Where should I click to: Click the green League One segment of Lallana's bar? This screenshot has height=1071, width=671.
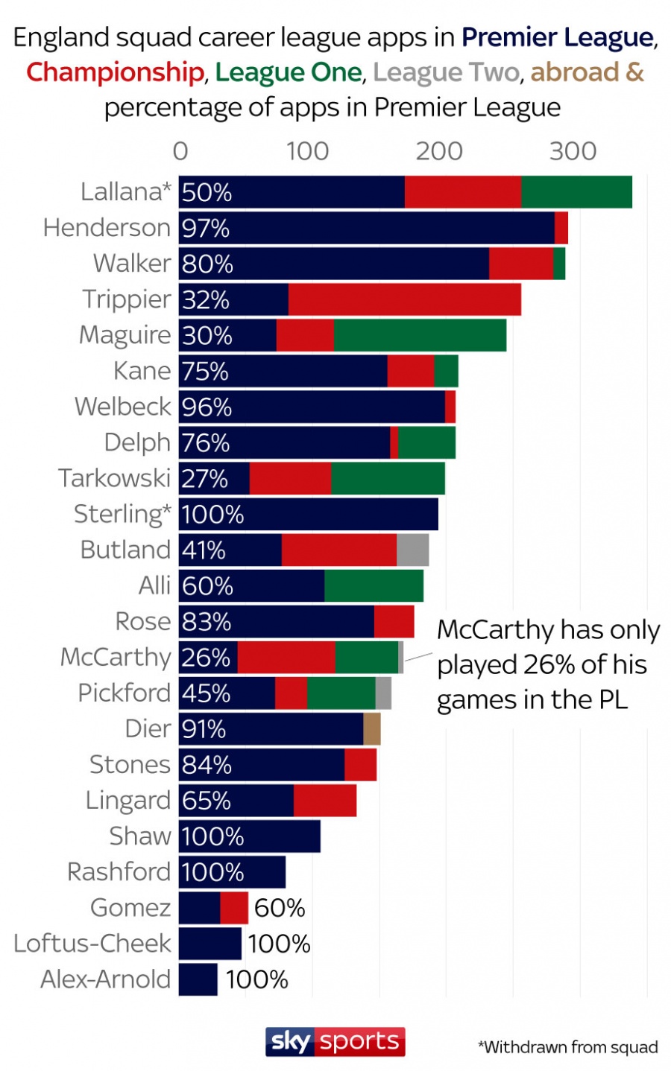(576, 191)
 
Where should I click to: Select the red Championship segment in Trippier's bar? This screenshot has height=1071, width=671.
(404, 299)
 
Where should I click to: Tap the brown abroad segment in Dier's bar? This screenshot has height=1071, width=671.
(372, 728)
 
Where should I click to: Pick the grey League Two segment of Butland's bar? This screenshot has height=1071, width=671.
(412, 550)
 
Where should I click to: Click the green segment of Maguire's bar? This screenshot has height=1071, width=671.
(420, 335)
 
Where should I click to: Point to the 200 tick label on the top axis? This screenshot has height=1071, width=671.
(439, 151)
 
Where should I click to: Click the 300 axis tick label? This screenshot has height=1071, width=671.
(573, 151)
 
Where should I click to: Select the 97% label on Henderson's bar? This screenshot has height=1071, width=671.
(206, 228)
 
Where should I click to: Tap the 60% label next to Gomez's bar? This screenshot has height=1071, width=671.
(280, 908)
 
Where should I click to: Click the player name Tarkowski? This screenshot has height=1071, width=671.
(114, 478)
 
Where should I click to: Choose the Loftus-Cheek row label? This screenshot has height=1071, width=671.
(92, 944)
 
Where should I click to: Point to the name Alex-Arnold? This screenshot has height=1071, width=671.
(106, 979)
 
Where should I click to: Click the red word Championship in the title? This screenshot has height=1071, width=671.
(116, 73)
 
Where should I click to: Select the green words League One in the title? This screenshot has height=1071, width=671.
(289, 73)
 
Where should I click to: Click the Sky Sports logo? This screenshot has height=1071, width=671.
(335, 1042)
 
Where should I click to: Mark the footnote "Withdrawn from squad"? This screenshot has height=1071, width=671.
(568, 1047)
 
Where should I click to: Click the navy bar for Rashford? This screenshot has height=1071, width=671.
(232, 872)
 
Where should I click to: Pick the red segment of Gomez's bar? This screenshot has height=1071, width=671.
(234, 908)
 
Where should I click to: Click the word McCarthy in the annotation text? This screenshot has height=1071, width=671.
(491, 630)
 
